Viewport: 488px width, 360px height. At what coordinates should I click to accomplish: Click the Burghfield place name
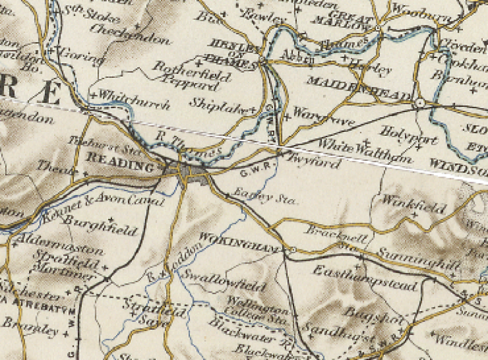[101, 225]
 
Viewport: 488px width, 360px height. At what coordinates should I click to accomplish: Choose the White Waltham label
[366, 152]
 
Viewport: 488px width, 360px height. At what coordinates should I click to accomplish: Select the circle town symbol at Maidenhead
[419, 103]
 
